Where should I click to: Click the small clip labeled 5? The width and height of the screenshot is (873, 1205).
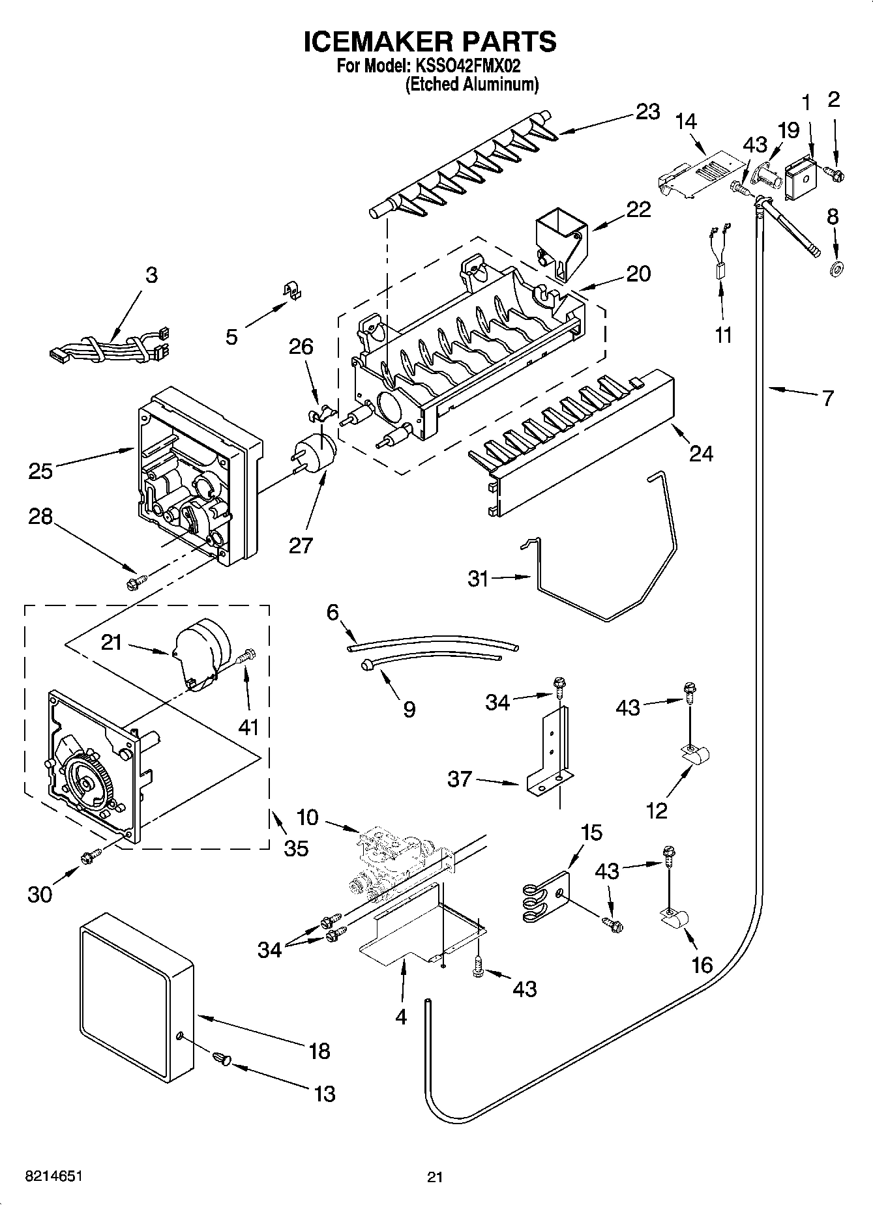293,291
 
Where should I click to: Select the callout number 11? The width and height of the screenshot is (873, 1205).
723,335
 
